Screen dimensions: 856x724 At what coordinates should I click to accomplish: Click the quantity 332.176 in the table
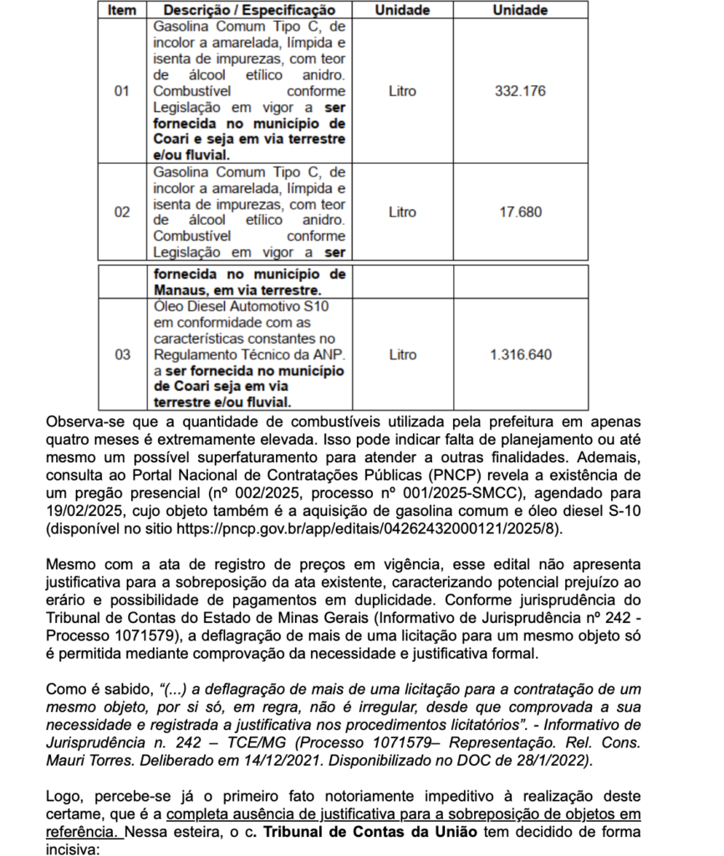click(519, 90)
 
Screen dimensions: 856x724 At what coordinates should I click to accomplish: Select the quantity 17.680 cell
click(520, 211)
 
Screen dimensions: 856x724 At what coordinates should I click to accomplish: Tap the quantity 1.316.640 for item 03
click(520, 354)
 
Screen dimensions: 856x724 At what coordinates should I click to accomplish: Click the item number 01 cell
click(122, 90)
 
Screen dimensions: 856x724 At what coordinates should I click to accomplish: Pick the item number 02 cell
click(122, 211)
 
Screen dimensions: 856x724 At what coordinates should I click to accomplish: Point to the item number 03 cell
click(122, 354)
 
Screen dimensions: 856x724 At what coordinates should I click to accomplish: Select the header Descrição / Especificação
click(249, 10)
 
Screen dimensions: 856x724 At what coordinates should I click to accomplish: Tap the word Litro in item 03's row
click(402, 354)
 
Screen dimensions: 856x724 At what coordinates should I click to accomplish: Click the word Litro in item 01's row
click(402, 90)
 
